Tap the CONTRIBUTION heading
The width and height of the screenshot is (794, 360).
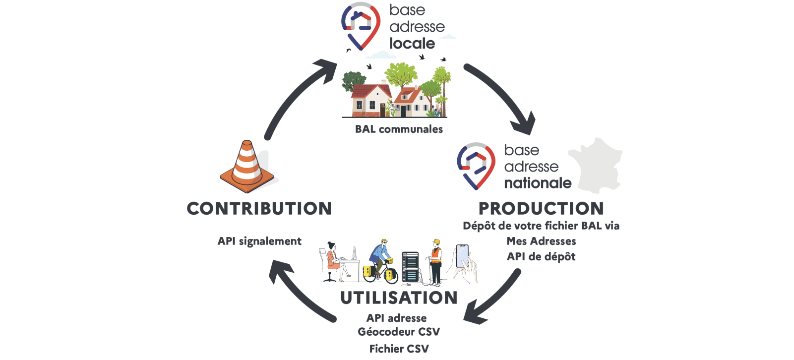[259, 208]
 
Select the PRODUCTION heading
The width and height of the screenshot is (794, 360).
[541, 208]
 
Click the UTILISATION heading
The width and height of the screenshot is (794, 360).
[399, 298]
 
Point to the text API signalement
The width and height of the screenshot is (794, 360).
[259, 241]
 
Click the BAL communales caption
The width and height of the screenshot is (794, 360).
[399, 129]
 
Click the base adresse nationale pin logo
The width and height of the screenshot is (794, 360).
[476, 166]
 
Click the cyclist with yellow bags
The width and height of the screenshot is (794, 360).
[380, 262]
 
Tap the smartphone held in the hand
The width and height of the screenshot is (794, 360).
[462, 256]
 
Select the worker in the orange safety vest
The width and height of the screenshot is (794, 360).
[435, 262]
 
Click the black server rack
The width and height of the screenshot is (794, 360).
[410, 267]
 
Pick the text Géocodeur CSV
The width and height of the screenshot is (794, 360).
[399, 332]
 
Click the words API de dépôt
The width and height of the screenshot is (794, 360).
[541, 256]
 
